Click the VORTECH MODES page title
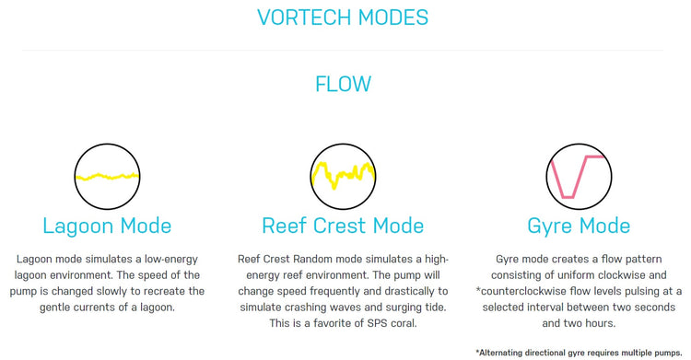343,17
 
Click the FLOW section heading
343,84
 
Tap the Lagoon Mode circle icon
106,176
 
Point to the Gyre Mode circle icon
578,174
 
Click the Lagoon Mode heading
106,226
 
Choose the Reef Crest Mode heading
343,226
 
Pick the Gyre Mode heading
579,226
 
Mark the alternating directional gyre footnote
579,352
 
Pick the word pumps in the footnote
670,352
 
